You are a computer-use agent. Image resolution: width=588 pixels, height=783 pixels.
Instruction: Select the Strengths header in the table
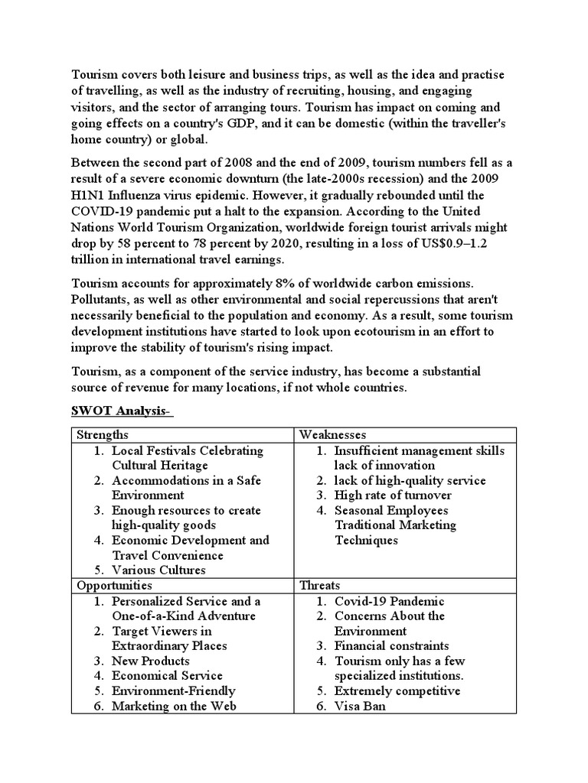[x=103, y=434]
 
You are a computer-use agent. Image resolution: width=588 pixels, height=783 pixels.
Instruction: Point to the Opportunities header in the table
[x=115, y=585]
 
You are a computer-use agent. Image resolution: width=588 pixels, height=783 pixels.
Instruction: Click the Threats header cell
[x=320, y=585]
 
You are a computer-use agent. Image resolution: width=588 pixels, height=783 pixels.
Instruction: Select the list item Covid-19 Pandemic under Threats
[x=389, y=601]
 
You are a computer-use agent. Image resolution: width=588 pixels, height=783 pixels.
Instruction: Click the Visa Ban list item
[x=360, y=706]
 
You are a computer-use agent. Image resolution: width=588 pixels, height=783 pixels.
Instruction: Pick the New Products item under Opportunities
[x=151, y=661]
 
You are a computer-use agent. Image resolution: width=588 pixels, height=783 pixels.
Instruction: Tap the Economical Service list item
[x=167, y=676]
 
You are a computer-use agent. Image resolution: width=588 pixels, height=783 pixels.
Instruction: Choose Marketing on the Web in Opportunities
[x=174, y=706]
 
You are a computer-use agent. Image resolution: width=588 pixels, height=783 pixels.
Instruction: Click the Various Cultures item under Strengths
[x=158, y=570]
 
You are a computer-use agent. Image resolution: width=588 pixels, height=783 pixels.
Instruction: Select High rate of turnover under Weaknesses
[x=393, y=495]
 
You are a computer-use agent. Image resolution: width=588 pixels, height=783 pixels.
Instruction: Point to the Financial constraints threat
[x=391, y=646]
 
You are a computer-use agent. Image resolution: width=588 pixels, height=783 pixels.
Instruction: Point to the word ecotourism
[x=360, y=331]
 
